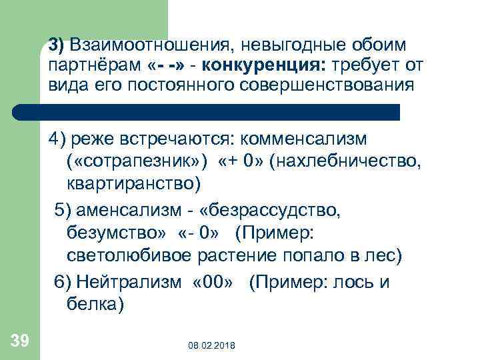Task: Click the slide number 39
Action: point(19,342)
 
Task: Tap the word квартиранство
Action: point(133,182)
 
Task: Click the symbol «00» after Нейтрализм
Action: point(212,282)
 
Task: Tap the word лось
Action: point(357,282)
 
